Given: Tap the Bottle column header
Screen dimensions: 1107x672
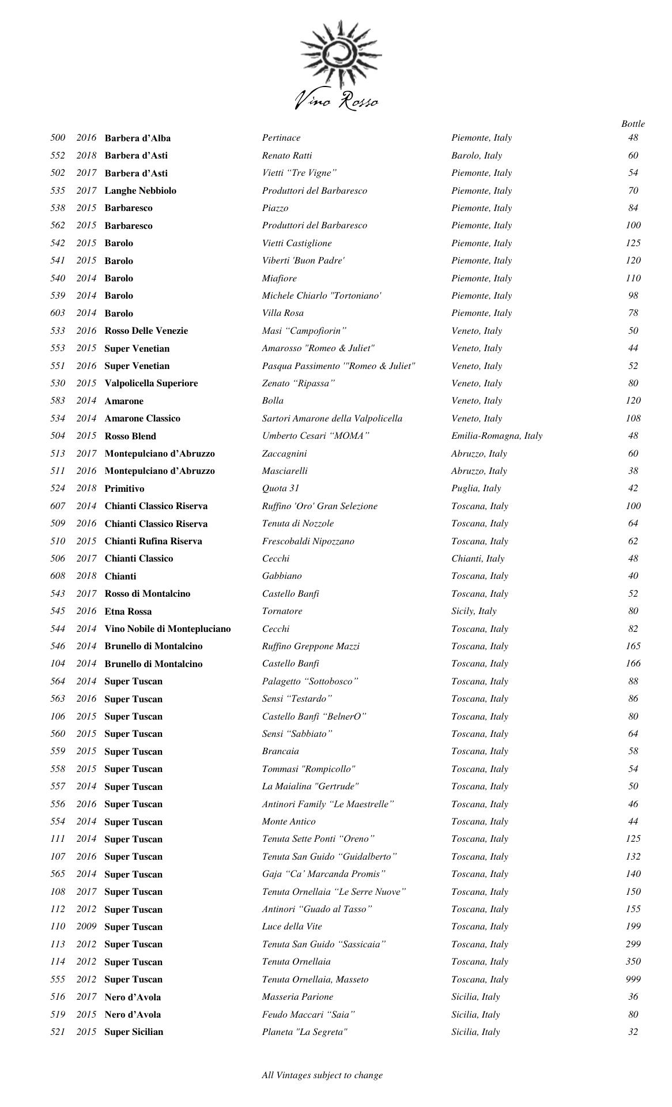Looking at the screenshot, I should [x=633, y=124].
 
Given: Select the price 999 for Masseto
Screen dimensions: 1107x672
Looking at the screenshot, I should [x=633, y=979].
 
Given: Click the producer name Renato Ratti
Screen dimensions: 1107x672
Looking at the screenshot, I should [x=287, y=156].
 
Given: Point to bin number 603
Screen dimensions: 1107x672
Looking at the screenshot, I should [x=58, y=313].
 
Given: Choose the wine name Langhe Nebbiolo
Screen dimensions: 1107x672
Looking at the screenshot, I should [x=141, y=190].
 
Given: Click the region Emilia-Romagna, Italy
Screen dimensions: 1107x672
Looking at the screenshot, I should [x=497, y=436].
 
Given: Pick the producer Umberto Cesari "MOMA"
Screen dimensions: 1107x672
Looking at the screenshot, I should [x=315, y=436].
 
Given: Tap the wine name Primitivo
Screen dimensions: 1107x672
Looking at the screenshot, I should [x=124, y=488].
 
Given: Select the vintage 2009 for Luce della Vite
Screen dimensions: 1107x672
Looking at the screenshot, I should [x=86, y=927].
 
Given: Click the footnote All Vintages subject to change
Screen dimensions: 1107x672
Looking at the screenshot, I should [x=322, y=1075].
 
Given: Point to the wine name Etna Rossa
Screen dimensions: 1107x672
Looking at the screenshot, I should [x=128, y=611].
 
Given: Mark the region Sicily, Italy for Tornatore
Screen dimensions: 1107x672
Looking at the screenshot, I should [x=474, y=611].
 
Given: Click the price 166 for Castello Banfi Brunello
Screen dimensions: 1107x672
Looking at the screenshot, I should [x=633, y=664].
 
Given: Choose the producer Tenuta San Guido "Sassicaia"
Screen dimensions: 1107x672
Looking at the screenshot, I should [x=324, y=944].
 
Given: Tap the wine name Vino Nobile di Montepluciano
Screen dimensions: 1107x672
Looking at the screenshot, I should [x=168, y=628].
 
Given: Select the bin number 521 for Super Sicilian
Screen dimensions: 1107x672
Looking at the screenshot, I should [x=58, y=1031].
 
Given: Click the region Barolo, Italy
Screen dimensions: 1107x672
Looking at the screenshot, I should [x=477, y=156].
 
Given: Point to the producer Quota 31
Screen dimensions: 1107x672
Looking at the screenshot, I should [x=281, y=488].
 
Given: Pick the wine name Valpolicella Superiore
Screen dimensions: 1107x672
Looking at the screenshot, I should [x=151, y=383].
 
